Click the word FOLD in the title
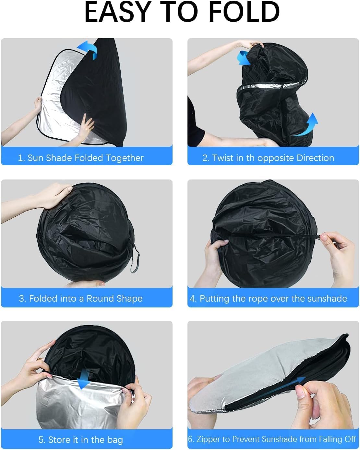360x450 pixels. click(x=244, y=12)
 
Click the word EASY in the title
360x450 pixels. click(x=118, y=12)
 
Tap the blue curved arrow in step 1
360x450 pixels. click(x=88, y=49)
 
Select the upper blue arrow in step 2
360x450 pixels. click(x=243, y=58)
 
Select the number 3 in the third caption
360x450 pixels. click(x=21, y=299)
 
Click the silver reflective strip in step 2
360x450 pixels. click(x=272, y=85)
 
